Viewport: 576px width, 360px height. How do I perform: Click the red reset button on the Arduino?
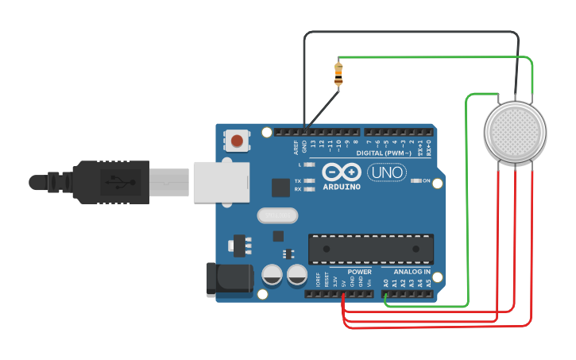237,141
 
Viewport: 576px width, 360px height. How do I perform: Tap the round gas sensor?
516,132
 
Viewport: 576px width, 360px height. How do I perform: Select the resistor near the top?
339,74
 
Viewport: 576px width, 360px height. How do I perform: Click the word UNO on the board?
387,172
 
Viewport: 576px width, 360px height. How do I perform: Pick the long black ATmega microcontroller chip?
371,248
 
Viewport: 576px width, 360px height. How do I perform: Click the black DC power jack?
226,278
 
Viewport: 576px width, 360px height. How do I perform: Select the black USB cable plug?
111,182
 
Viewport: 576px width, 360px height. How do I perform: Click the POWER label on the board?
359,272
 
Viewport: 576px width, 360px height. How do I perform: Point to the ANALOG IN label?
412,272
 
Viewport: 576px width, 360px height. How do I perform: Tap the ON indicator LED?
417,181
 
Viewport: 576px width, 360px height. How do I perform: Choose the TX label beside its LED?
298,180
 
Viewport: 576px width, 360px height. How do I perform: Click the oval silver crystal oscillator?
277,215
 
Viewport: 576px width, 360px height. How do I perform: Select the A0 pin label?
386,282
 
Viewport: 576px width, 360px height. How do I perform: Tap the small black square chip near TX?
280,188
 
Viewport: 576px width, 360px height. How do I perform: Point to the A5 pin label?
429,282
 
